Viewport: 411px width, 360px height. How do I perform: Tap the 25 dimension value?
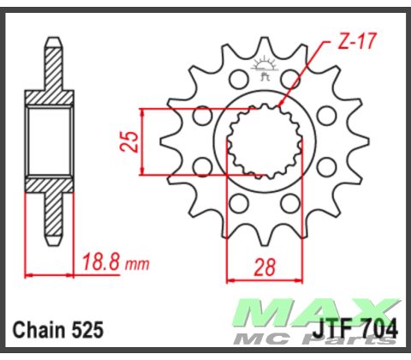(x=129, y=141)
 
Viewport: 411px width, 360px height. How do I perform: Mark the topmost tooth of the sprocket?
(x=262, y=47)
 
